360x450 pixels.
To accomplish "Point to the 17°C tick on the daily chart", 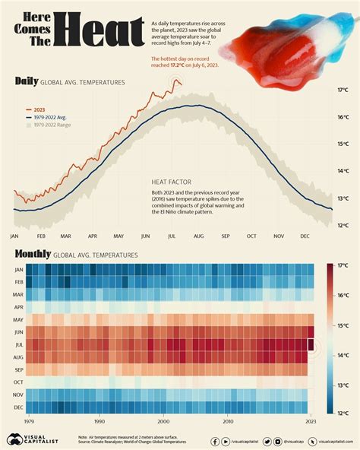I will [343, 90].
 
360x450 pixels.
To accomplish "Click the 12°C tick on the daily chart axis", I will [343, 224].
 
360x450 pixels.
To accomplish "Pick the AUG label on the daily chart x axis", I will [199, 236].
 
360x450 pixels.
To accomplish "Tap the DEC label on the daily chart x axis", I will [305, 236].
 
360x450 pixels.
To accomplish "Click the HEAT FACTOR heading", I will [171, 182].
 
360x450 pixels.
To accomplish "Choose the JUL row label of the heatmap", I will [18, 344].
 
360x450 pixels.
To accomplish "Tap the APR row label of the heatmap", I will [18, 307].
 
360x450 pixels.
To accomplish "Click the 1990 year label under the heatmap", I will [99, 420].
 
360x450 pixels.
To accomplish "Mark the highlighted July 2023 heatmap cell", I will [310, 344].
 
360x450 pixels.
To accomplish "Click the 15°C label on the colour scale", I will [343, 325].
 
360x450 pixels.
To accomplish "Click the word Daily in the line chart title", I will [27, 81].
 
